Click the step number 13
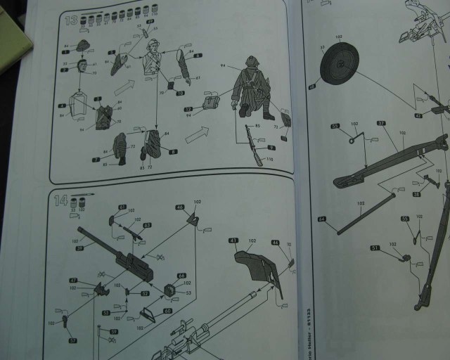(x=71, y=20)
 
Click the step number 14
(x=60, y=200)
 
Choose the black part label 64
(x=321, y=220)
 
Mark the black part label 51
(x=375, y=248)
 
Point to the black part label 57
(x=72, y=340)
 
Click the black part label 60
(x=167, y=311)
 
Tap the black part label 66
(x=181, y=276)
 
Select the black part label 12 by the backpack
(x=188, y=110)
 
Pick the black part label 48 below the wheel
(x=313, y=86)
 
